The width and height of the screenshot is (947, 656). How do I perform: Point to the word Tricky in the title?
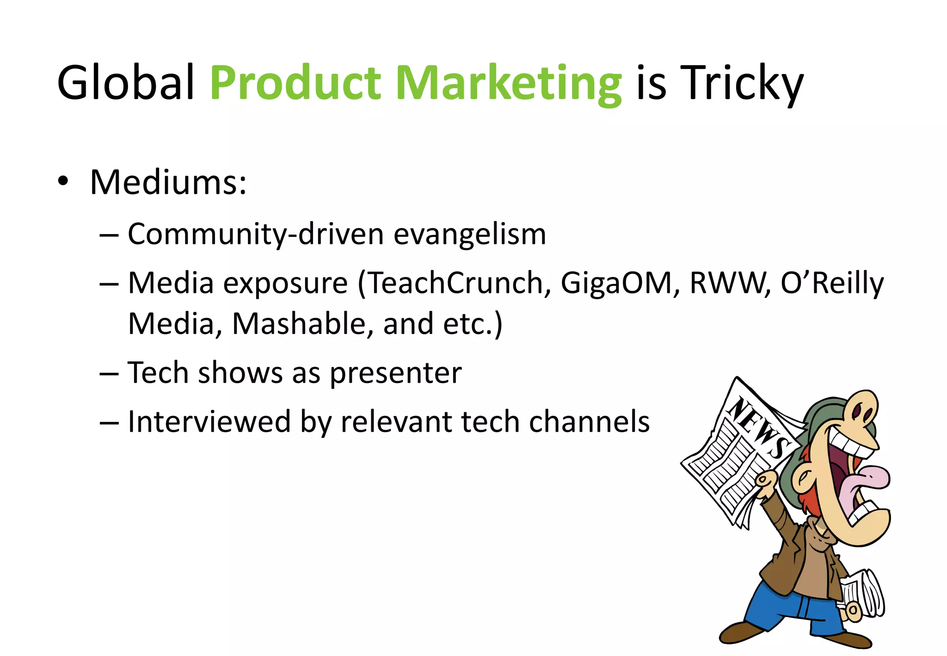[742, 83]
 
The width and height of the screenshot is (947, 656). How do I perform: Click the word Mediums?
[168, 182]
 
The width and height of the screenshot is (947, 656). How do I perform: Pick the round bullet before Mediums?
[63, 181]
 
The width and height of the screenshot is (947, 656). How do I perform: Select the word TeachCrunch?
[455, 283]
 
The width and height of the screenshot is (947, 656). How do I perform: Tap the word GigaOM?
[616, 283]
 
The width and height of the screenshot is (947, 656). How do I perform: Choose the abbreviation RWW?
[727, 283]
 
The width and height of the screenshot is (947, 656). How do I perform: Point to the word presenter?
[395, 373]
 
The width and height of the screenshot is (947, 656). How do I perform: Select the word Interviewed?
[209, 421]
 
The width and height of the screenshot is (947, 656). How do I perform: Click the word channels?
[589, 421]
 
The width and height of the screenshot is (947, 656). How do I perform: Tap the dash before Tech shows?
[109, 373]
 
